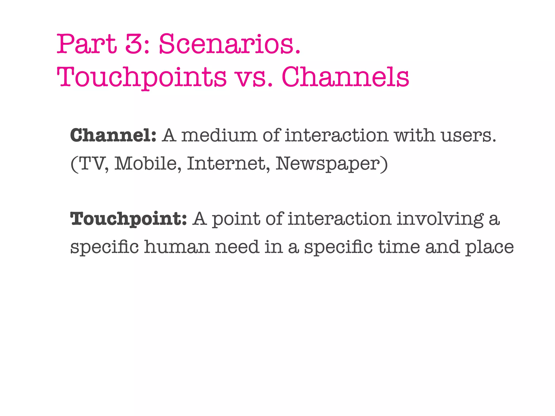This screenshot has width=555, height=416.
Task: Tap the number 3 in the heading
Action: coord(135,44)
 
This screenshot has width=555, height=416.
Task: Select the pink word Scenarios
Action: coord(229,44)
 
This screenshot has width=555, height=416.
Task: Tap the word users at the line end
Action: coord(468,135)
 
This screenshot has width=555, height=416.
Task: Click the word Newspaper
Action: coord(327,164)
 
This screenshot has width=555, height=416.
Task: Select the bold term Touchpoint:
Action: coord(128,219)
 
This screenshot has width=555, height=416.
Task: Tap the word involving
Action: coord(440,219)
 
